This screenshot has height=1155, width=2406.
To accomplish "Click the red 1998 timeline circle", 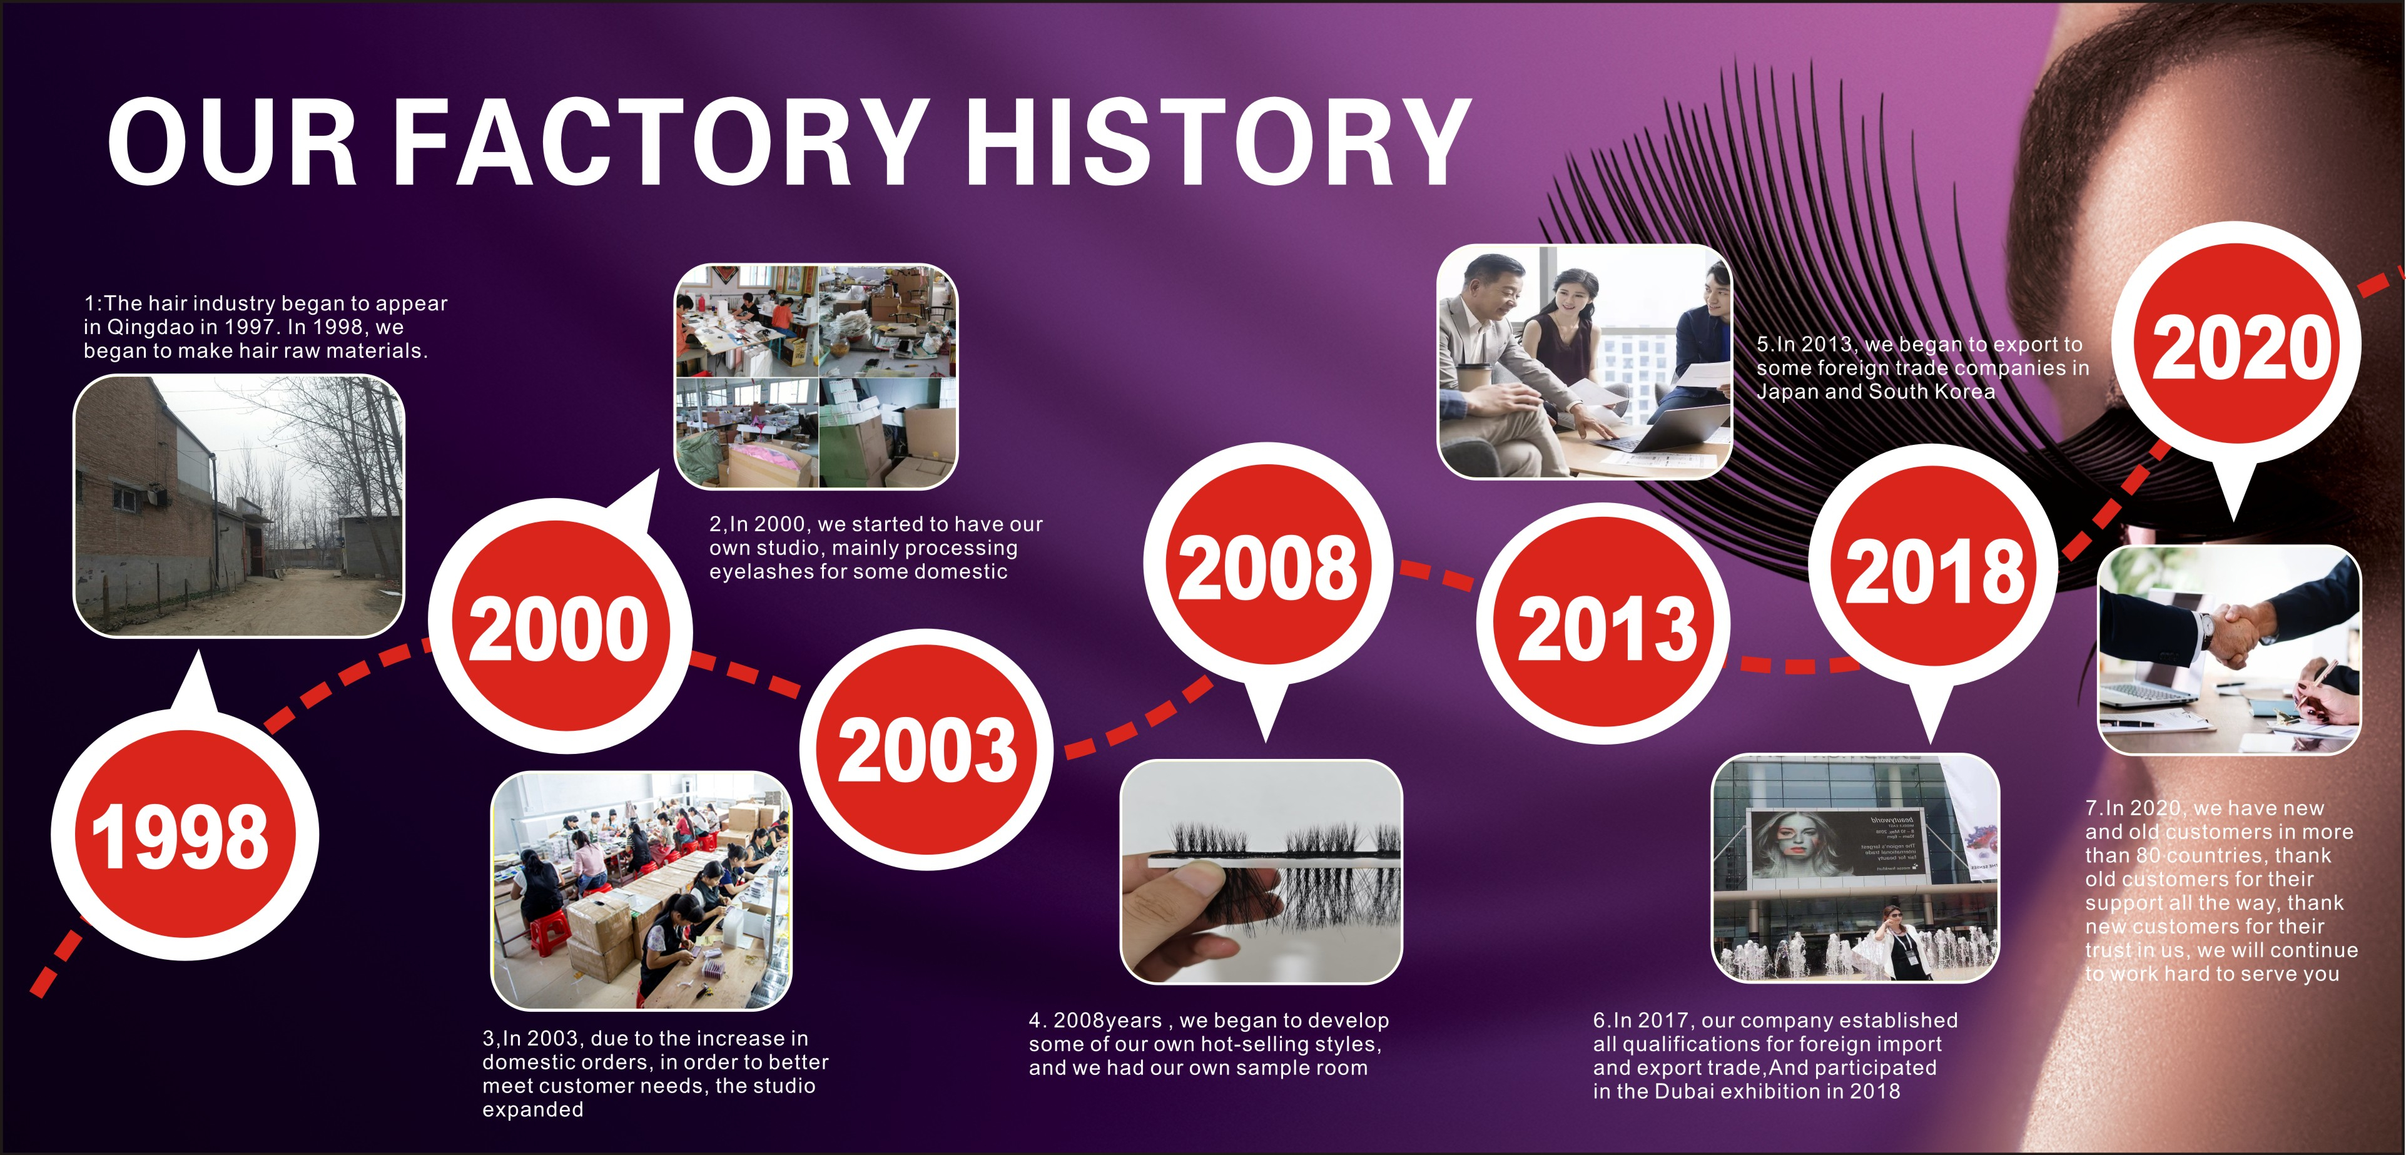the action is tap(185, 835).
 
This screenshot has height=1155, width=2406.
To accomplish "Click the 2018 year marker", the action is tap(1934, 570).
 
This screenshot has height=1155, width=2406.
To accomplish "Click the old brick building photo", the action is tap(239, 506).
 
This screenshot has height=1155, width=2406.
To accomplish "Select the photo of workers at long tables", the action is tap(642, 890).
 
